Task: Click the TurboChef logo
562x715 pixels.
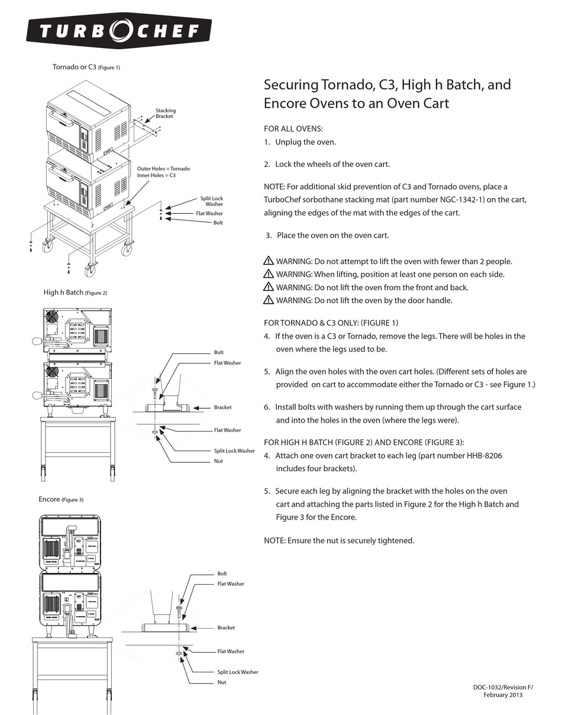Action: click(118, 31)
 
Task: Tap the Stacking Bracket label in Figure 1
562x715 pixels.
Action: click(165, 113)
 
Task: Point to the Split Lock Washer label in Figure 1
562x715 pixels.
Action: click(211, 201)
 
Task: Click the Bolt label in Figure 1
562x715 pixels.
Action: click(218, 223)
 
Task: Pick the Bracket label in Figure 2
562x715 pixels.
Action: click(222, 407)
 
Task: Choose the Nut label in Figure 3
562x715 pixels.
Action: click(221, 682)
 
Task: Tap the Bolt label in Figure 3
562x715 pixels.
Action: click(222, 574)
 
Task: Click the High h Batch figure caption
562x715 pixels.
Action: click(75, 292)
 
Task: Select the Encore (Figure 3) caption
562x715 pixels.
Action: click(61, 500)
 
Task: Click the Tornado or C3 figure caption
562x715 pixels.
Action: click(86, 67)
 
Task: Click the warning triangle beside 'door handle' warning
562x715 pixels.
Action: click(269, 300)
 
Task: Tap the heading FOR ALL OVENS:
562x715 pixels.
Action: click(293, 128)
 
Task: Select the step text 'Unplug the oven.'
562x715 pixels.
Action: click(305, 142)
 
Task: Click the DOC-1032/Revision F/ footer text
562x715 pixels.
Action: click(503, 687)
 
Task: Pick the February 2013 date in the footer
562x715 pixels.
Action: click(503, 695)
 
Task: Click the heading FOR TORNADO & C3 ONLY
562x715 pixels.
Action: click(331, 323)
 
